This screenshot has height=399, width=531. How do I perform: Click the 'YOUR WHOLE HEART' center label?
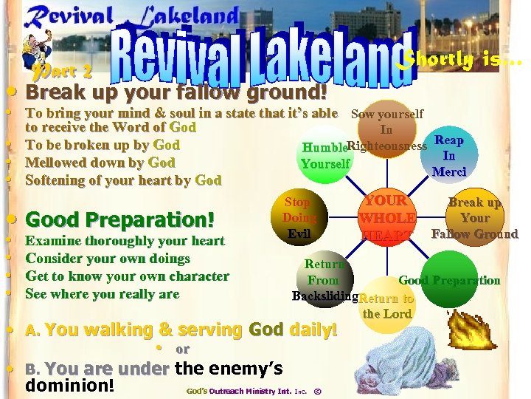coord(386,218)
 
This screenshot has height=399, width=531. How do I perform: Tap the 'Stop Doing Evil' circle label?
coord(299,217)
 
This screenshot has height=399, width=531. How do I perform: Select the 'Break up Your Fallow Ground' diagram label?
coord(475,218)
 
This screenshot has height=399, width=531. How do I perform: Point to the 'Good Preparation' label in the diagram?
coord(449,281)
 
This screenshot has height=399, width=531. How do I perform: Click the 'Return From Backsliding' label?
coord(324,281)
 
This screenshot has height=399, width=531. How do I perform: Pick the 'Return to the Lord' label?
coord(386,306)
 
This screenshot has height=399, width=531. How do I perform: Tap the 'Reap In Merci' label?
coord(449,156)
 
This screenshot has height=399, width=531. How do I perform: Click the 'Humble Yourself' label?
coord(325,156)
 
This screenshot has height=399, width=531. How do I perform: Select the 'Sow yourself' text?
coord(387,114)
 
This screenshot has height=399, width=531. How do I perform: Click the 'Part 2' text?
coord(63,72)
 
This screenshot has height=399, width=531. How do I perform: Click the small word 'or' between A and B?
coord(182,349)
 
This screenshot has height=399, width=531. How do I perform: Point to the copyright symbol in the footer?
coord(317,390)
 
